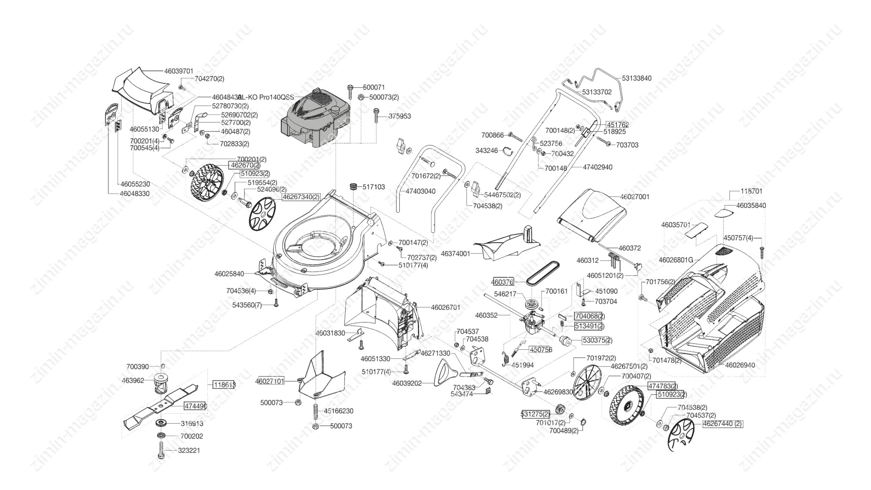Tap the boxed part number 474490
tap(195, 407)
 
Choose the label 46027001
tap(634, 197)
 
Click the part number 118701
tap(751, 191)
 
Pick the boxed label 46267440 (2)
tap(723, 424)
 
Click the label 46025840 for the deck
tap(229, 274)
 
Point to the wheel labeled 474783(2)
tap(627, 407)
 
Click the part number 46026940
tap(740, 365)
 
